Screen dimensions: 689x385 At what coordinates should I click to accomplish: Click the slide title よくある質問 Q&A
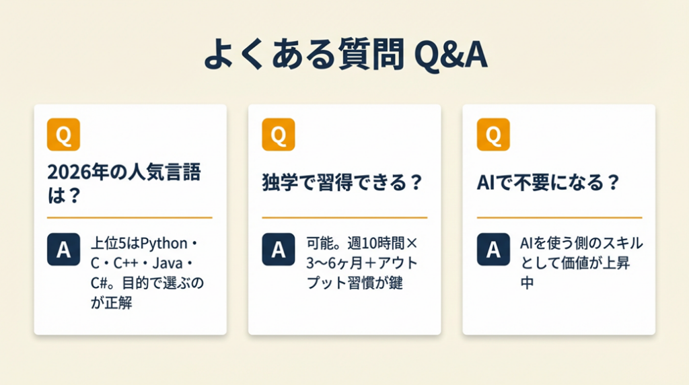click(x=345, y=54)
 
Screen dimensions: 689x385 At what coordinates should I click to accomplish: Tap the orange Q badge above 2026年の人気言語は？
click(x=64, y=135)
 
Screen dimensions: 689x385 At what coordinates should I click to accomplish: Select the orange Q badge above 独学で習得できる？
click(x=279, y=135)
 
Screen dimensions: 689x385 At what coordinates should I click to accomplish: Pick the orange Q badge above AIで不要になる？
click(x=493, y=135)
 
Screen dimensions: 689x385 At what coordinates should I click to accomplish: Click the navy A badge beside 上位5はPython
click(x=64, y=250)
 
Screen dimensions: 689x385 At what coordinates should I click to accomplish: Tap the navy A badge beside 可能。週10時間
click(x=279, y=250)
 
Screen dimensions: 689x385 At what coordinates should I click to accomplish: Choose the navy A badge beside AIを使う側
click(x=493, y=250)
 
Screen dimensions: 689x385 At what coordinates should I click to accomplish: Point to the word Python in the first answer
click(x=164, y=244)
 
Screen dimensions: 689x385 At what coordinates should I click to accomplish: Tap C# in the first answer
click(x=100, y=283)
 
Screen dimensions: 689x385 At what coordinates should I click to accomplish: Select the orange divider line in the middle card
click(x=344, y=217)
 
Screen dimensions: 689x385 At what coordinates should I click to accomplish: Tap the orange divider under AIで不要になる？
click(x=559, y=217)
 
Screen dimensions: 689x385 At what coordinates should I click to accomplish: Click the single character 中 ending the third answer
click(x=528, y=283)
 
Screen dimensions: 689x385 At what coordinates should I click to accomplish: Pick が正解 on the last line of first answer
click(x=112, y=303)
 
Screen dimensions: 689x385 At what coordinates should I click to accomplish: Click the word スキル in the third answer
click(x=614, y=243)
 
